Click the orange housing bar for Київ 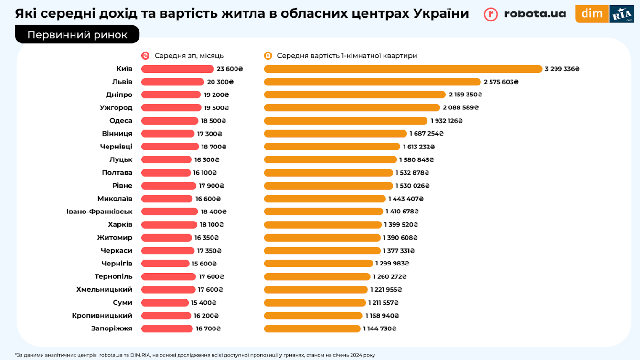(403, 69)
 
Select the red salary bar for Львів (172, 82)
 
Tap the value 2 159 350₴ (465, 95)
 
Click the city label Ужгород (116, 107)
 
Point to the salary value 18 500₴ (213, 121)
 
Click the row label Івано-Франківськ (99, 212)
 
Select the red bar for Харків (169, 224)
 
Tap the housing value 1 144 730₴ (380, 328)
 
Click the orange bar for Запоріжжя (312, 328)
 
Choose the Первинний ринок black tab (77, 35)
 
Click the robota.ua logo (525, 14)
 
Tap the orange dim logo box (592, 14)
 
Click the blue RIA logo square (621, 14)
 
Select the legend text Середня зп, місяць (189, 56)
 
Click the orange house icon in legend (268, 56)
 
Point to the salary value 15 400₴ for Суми (203, 303)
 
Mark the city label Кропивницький (102, 316)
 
